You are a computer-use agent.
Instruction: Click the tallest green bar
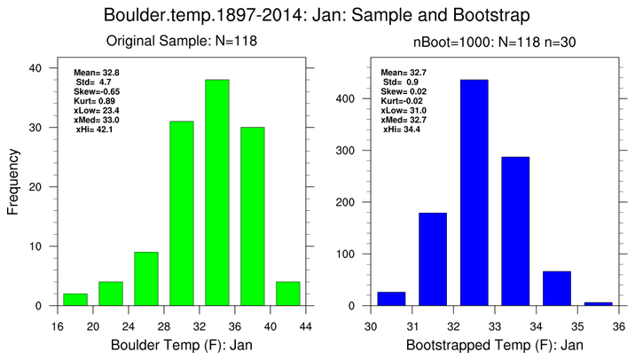(x=217, y=192)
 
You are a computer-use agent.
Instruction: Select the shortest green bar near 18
(x=75, y=300)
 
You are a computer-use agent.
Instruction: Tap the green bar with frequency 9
(x=146, y=278)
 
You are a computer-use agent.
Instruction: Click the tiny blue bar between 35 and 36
(x=599, y=303)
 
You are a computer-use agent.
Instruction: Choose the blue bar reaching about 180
(x=433, y=259)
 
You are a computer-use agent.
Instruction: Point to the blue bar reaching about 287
(x=515, y=231)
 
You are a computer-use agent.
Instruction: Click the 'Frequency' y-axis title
(x=14, y=186)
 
